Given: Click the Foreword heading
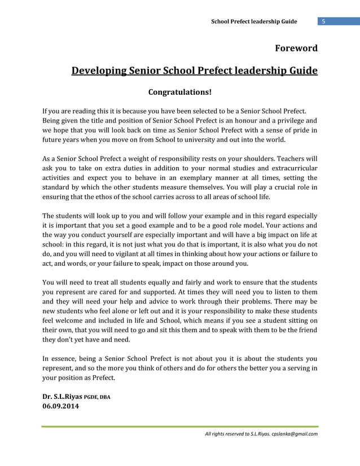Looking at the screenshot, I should pos(296,48).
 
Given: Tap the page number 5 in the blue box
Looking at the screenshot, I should pos(324,22).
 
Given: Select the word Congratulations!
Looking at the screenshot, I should pos(179,91).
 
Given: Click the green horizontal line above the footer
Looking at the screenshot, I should pos(179,427).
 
